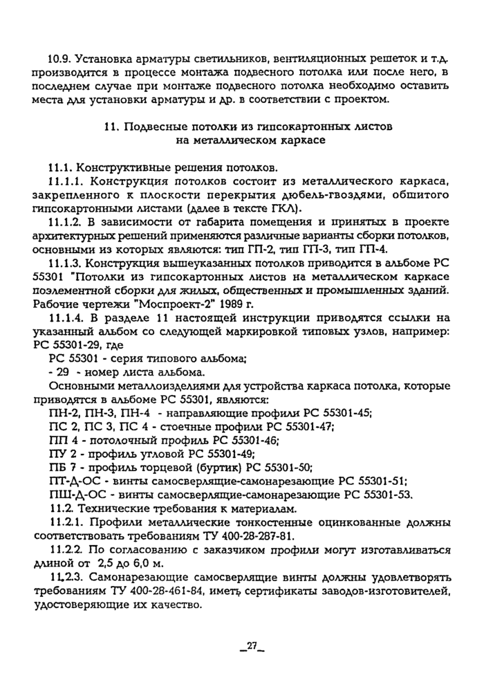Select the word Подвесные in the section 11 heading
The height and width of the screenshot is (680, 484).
pyautogui.click(x=151, y=127)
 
